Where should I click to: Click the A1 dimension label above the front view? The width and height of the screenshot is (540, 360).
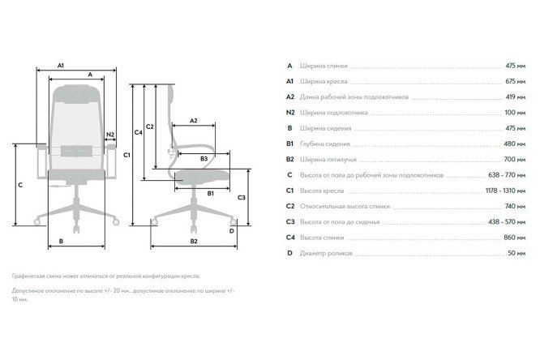tap(61, 65)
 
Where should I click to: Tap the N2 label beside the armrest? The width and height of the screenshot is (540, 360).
tap(110, 135)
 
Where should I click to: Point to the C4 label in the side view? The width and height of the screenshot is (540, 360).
tap(138, 132)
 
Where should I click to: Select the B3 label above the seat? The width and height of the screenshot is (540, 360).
tap(204, 159)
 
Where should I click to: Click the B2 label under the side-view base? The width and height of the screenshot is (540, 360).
tap(194, 241)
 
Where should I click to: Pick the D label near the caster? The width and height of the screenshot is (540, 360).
tap(231, 231)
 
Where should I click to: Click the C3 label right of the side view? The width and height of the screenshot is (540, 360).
tap(242, 198)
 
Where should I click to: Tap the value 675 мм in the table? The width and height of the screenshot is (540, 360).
tap(515, 81)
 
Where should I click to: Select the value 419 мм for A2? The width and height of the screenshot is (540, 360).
tap(515, 96)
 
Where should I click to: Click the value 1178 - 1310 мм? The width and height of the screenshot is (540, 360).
tap(506, 191)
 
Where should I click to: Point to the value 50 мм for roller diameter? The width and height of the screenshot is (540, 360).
tap(516, 253)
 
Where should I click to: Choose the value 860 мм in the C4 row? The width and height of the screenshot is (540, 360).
tap(515, 238)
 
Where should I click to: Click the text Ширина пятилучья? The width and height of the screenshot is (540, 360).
tap(328, 160)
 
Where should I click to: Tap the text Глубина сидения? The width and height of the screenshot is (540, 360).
tap(325, 144)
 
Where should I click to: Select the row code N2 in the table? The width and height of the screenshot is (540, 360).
tap(290, 113)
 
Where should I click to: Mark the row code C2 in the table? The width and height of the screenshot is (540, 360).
tap(290, 207)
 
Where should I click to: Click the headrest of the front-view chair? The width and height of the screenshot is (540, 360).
tap(77, 94)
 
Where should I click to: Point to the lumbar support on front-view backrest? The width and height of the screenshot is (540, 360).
tap(76, 151)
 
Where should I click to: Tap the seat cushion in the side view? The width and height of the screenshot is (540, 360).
tap(202, 177)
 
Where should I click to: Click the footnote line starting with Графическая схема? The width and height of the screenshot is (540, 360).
tap(106, 276)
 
